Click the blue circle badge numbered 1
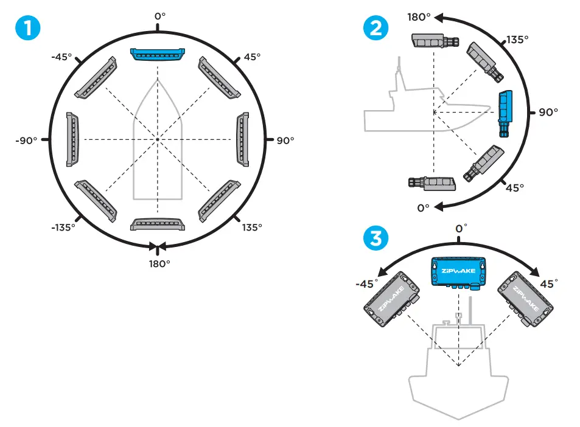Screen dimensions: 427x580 [30, 27]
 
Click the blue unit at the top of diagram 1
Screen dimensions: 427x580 [157, 54]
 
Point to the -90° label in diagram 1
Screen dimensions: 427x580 [26, 140]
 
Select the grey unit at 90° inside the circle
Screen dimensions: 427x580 [243, 139]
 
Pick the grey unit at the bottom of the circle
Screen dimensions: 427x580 [157, 224]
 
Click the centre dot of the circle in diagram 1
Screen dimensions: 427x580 [158, 140]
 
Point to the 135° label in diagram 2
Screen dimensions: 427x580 [517, 40]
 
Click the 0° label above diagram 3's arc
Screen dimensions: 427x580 [462, 228]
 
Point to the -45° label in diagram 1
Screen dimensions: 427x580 [61, 57]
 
